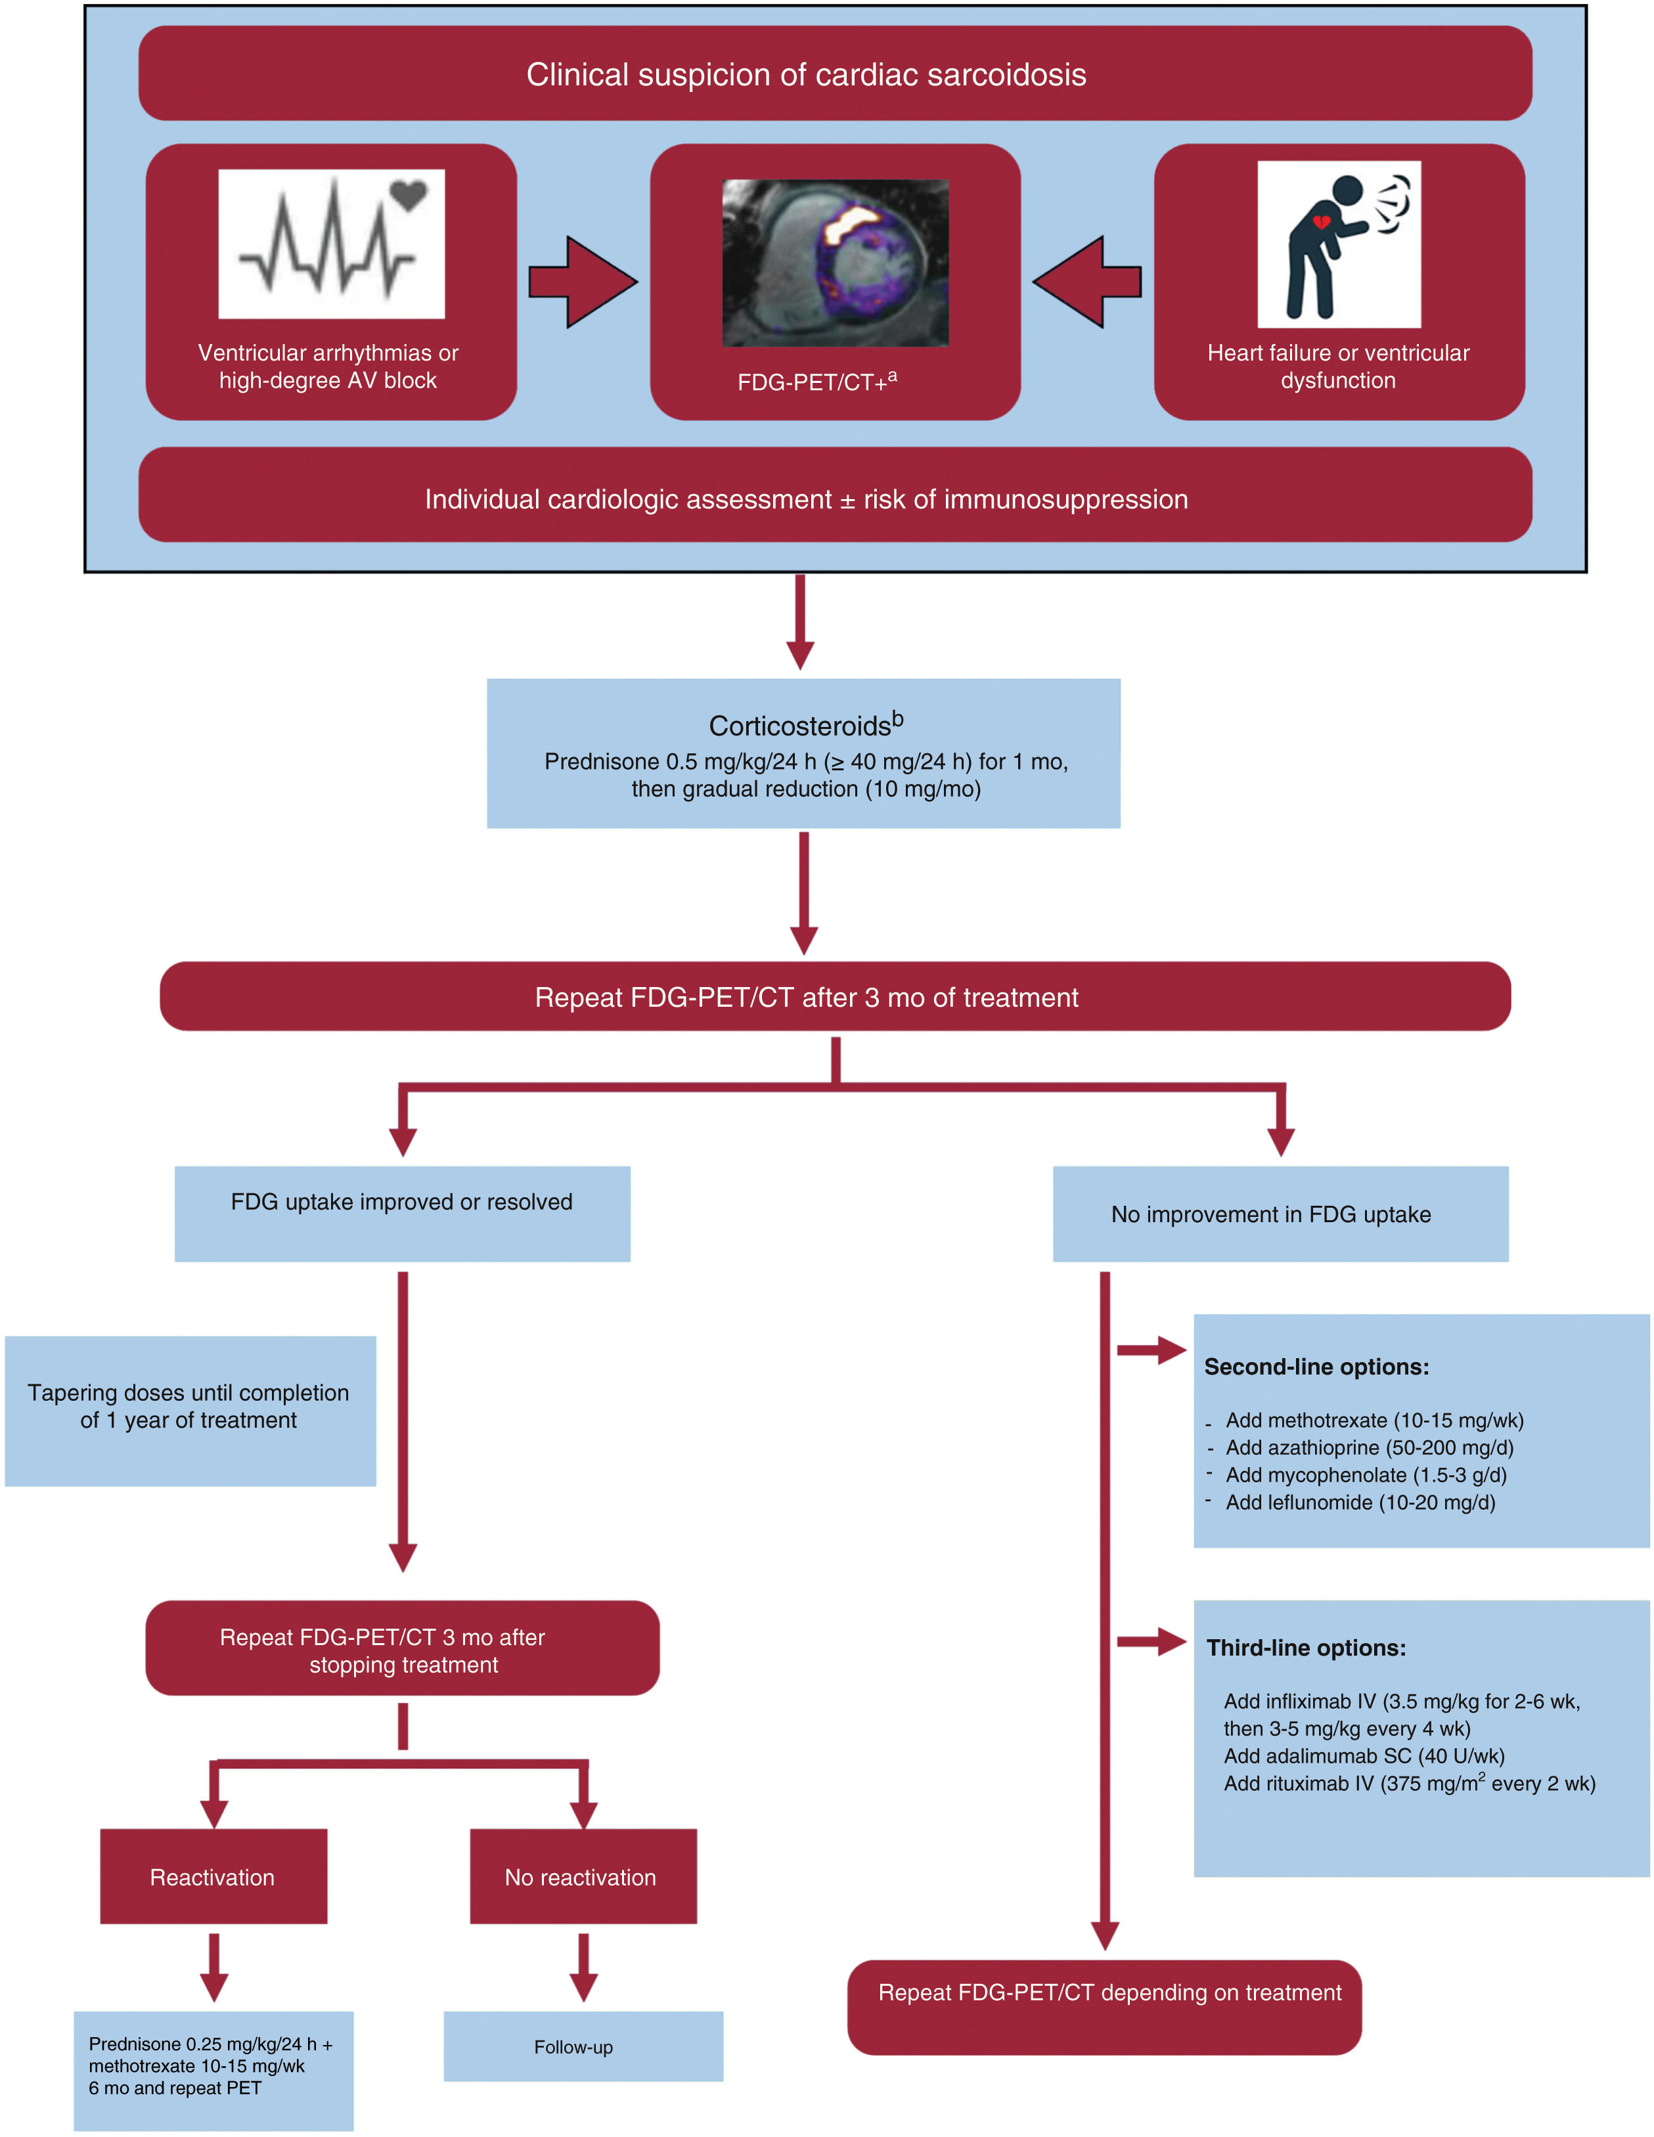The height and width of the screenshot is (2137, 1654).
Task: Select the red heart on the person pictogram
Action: click(1320, 223)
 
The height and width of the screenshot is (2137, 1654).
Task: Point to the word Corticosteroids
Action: click(799, 726)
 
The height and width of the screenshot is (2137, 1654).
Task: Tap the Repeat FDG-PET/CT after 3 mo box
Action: click(835, 997)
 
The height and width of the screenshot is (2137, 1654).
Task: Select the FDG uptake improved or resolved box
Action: click(402, 1214)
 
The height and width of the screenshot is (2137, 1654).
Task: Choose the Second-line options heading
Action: click(1316, 1367)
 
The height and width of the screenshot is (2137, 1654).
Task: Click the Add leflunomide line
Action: click(1360, 1502)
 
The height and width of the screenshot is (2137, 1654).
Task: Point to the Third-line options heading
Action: click(1306, 1648)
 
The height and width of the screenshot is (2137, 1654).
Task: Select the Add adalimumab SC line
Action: click(1363, 1755)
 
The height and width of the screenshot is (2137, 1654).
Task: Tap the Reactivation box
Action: click(213, 1877)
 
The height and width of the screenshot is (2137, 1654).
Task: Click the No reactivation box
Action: click(583, 1877)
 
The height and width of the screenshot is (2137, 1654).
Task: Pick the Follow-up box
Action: click(583, 2047)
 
